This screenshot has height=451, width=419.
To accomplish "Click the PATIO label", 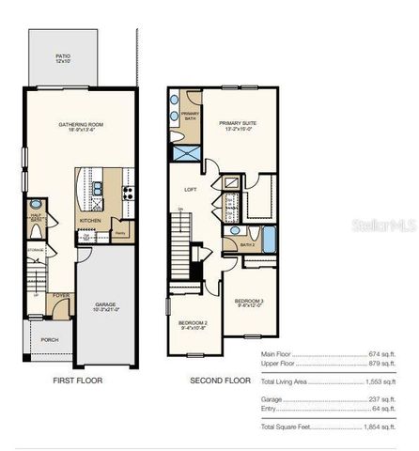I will [62, 57].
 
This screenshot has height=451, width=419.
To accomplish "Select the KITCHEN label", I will [90, 221].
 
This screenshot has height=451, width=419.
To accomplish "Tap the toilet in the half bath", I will [36, 204].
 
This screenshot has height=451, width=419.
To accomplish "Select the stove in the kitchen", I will [129, 189].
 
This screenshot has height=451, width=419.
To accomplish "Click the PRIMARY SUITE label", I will [237, 123].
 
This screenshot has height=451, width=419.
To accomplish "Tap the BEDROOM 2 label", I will [194, 324].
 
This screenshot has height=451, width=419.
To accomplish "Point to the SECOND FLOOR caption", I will [219, 381].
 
